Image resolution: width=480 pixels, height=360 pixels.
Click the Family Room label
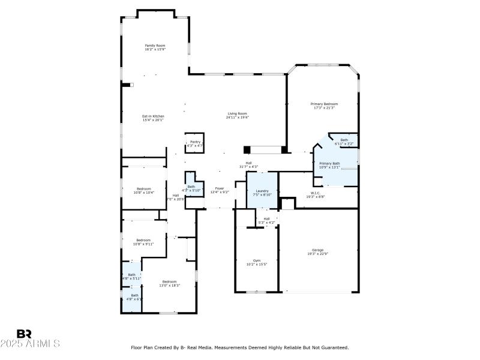tap(155, 47)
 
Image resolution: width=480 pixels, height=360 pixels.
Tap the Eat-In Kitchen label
tap(153, 118)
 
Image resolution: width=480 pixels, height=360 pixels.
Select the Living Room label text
tap(237, 115)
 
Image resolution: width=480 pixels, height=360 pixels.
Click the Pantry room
tap(195, 143)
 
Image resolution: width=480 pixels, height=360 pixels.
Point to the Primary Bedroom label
tap(323, 106)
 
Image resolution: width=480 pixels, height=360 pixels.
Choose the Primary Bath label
tap(329, 165)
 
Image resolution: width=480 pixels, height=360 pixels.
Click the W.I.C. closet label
tap(315, 194)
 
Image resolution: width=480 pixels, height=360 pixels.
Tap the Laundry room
tap(262, 193)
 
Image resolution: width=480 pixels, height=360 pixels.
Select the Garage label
tap(317, 251)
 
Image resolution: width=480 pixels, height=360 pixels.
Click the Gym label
tap(257, 262)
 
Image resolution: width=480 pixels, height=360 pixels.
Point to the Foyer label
tap(220, 190)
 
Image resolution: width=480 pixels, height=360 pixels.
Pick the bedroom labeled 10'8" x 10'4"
tap(143, 190)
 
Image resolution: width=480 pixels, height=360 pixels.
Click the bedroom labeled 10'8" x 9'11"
tap(143, 242)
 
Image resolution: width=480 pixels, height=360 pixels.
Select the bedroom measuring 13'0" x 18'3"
tap(169, 283)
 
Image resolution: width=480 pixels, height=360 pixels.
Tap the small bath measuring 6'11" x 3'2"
tap(344, 142)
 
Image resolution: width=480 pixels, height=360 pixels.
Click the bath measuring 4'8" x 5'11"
tap(132, 276)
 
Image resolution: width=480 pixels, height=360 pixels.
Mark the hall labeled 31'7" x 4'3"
tap(248, 164)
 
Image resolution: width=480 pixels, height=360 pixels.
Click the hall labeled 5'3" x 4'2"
tap(266, 220)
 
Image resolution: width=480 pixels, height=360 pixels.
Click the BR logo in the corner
tap(24, 334)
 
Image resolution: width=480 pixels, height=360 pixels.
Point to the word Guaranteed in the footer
tap(334, 347)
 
